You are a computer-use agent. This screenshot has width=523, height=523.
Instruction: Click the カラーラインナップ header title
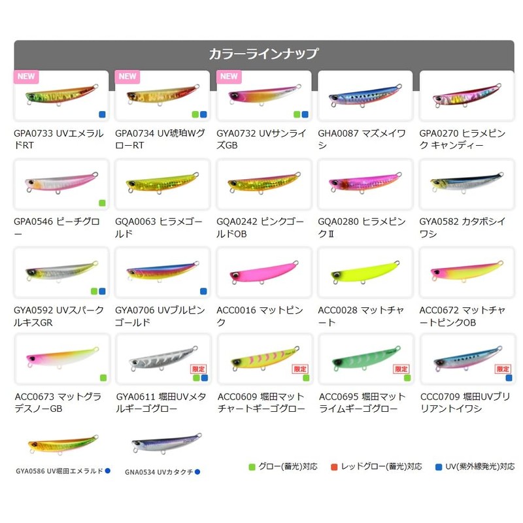263,54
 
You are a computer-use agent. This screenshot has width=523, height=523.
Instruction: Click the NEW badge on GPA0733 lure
26,76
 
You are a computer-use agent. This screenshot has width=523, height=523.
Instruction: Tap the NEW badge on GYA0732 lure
229,76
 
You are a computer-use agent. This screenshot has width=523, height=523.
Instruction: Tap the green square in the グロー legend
252,467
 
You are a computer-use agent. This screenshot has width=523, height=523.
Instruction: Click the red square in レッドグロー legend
334,467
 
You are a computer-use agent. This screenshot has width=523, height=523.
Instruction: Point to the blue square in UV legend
438,467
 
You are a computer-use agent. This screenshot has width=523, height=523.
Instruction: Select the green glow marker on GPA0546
102,203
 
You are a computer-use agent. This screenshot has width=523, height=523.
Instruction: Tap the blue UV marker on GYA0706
203,291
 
